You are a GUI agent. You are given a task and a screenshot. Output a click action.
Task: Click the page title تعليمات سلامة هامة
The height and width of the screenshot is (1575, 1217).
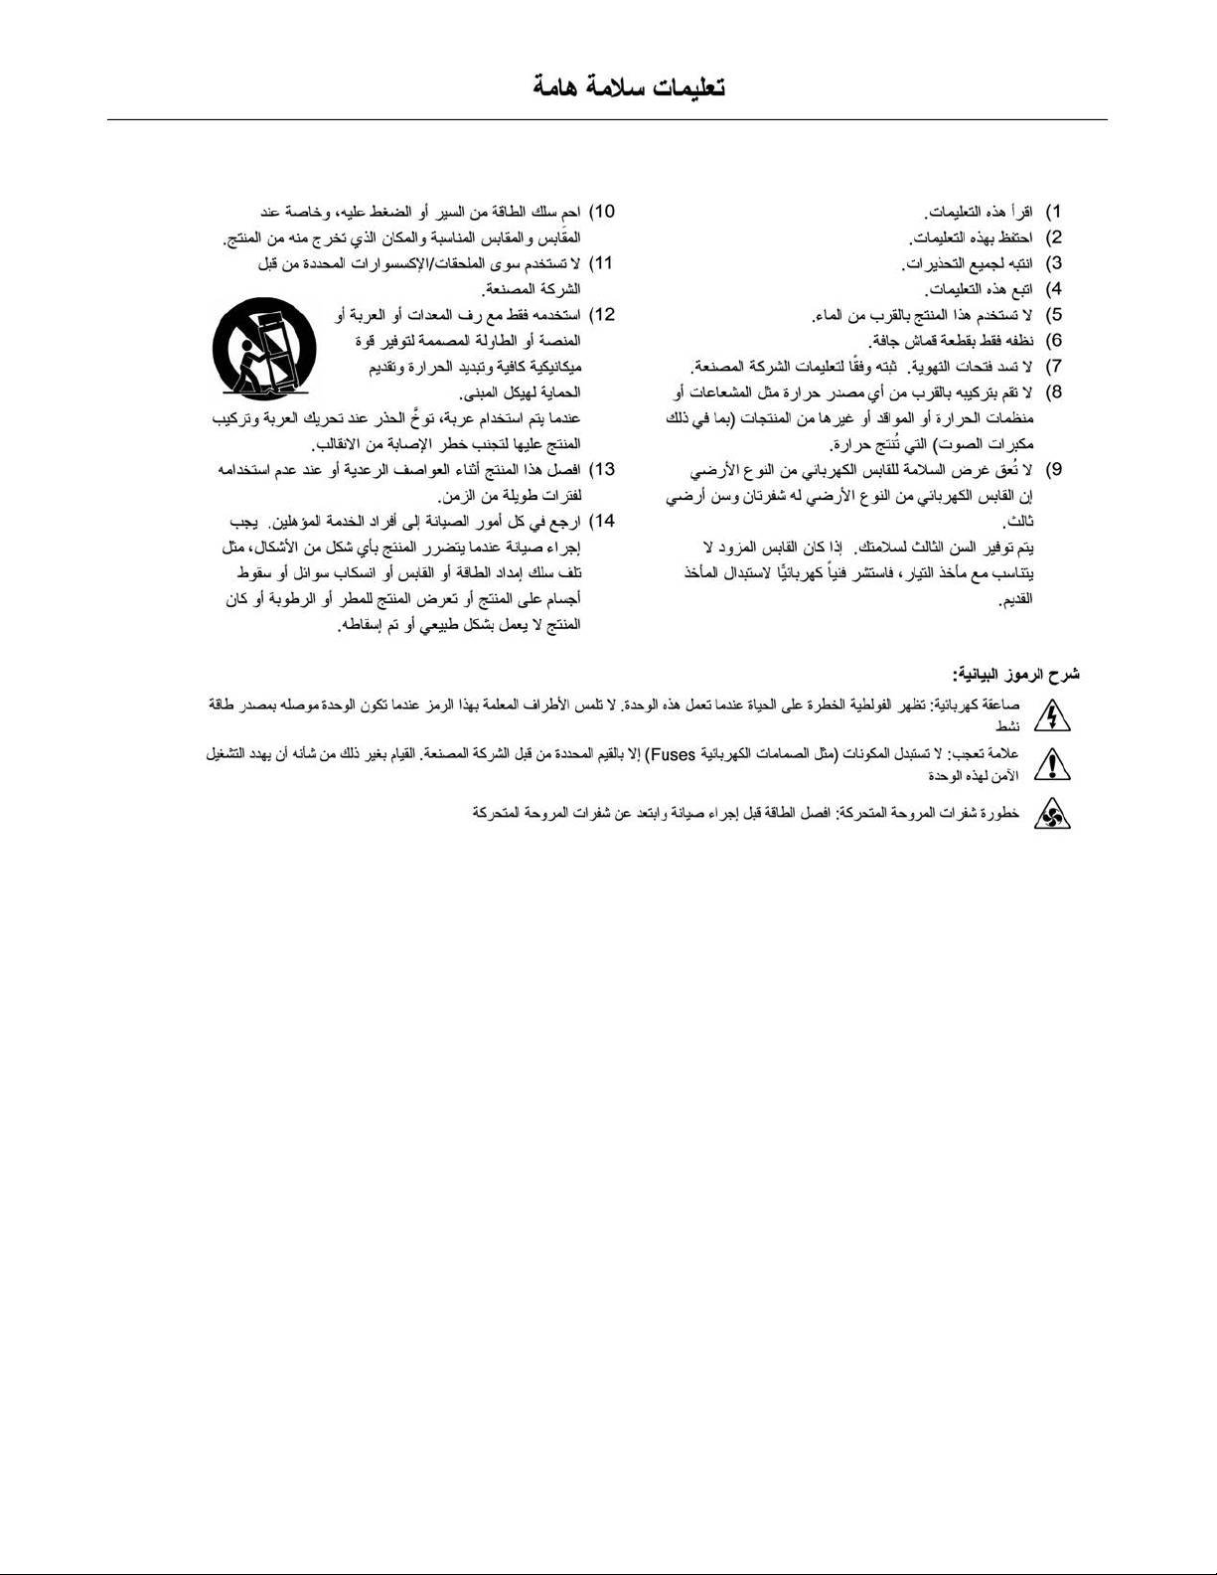point(629,87)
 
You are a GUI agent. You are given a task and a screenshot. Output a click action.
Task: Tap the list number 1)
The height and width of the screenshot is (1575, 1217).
point(1054,212)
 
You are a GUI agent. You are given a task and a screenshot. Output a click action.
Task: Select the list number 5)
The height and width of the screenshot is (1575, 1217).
point(1054,315)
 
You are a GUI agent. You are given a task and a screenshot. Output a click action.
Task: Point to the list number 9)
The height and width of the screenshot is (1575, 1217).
point(1054,469)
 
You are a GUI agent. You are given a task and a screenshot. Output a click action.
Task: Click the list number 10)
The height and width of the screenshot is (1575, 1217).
point(602,212)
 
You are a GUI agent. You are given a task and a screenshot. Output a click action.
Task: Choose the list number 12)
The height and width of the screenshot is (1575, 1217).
point(602,315)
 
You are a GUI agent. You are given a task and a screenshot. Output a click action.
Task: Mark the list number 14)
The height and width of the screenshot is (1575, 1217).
point(602,521)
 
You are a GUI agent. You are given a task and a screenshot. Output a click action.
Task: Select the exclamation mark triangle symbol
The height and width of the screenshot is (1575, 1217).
point(1052,764)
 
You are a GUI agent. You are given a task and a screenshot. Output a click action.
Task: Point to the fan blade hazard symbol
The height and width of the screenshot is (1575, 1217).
point(1052,816)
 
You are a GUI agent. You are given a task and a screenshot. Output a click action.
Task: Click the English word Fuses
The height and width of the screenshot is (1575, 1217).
point(672,754)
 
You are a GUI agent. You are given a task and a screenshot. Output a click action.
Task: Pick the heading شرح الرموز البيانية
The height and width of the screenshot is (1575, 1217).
point(1015,675)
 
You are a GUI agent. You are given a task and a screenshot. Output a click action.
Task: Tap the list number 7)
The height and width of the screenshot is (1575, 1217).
point(1054,367)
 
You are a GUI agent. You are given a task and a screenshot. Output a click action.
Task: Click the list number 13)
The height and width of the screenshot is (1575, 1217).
point(602,469)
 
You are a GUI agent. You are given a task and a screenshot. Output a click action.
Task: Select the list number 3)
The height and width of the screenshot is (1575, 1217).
point(1054,263)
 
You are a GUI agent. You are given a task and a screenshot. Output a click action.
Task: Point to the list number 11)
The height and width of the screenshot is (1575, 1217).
point(602,263)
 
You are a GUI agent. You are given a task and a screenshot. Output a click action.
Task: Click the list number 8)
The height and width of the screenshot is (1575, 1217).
point(1054,393)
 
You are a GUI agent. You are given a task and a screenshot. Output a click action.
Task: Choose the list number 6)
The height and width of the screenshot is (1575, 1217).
point(1054,341)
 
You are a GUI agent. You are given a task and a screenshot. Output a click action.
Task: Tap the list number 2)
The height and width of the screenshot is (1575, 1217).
point(1054,237)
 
